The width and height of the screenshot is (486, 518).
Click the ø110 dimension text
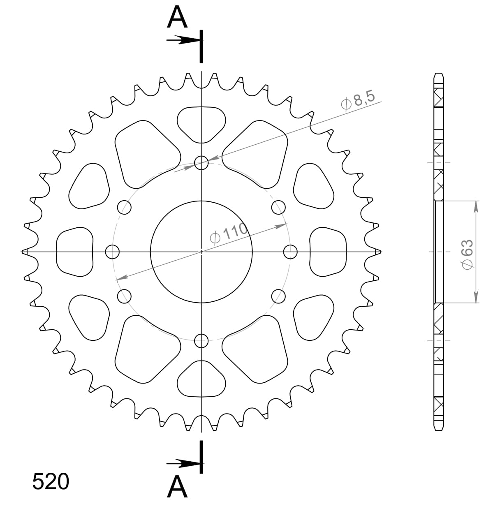click(229, 234)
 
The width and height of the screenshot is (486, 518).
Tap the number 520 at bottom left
click(50, 482)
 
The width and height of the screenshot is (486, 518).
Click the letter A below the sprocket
click(177, 487)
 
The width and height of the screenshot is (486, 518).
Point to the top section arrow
click(183, 40)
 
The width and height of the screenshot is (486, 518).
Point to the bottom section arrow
click(183, 464)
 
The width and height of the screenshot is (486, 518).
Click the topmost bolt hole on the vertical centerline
click(201, 162)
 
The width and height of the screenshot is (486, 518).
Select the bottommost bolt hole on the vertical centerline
click(201, 340)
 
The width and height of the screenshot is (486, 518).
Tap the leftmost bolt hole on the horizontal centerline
click(112, 252)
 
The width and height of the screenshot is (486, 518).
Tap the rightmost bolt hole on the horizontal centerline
click(291, 251)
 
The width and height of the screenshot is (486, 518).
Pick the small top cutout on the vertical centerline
click(201, 123)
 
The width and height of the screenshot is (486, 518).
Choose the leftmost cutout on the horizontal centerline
click(74, 252)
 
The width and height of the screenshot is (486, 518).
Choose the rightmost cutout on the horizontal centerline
click(328, 252)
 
